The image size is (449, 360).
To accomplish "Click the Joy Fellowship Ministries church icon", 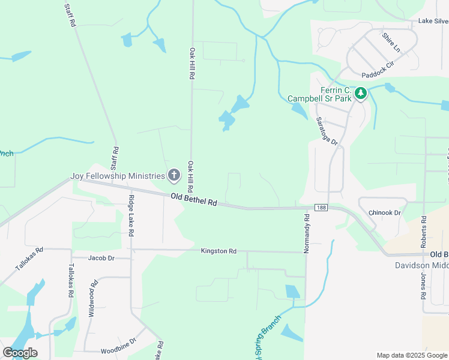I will (174, 175).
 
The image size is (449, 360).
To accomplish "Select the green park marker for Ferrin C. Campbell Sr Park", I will (360, 94).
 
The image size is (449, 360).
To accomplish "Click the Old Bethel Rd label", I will (193, 200).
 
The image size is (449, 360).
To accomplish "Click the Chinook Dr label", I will (384, 212).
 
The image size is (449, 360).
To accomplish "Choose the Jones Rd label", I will (423, 290).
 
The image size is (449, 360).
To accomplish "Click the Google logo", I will (20, 353).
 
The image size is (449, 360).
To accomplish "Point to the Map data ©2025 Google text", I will (412, 355).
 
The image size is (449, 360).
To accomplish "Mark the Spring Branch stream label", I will (268, 336).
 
